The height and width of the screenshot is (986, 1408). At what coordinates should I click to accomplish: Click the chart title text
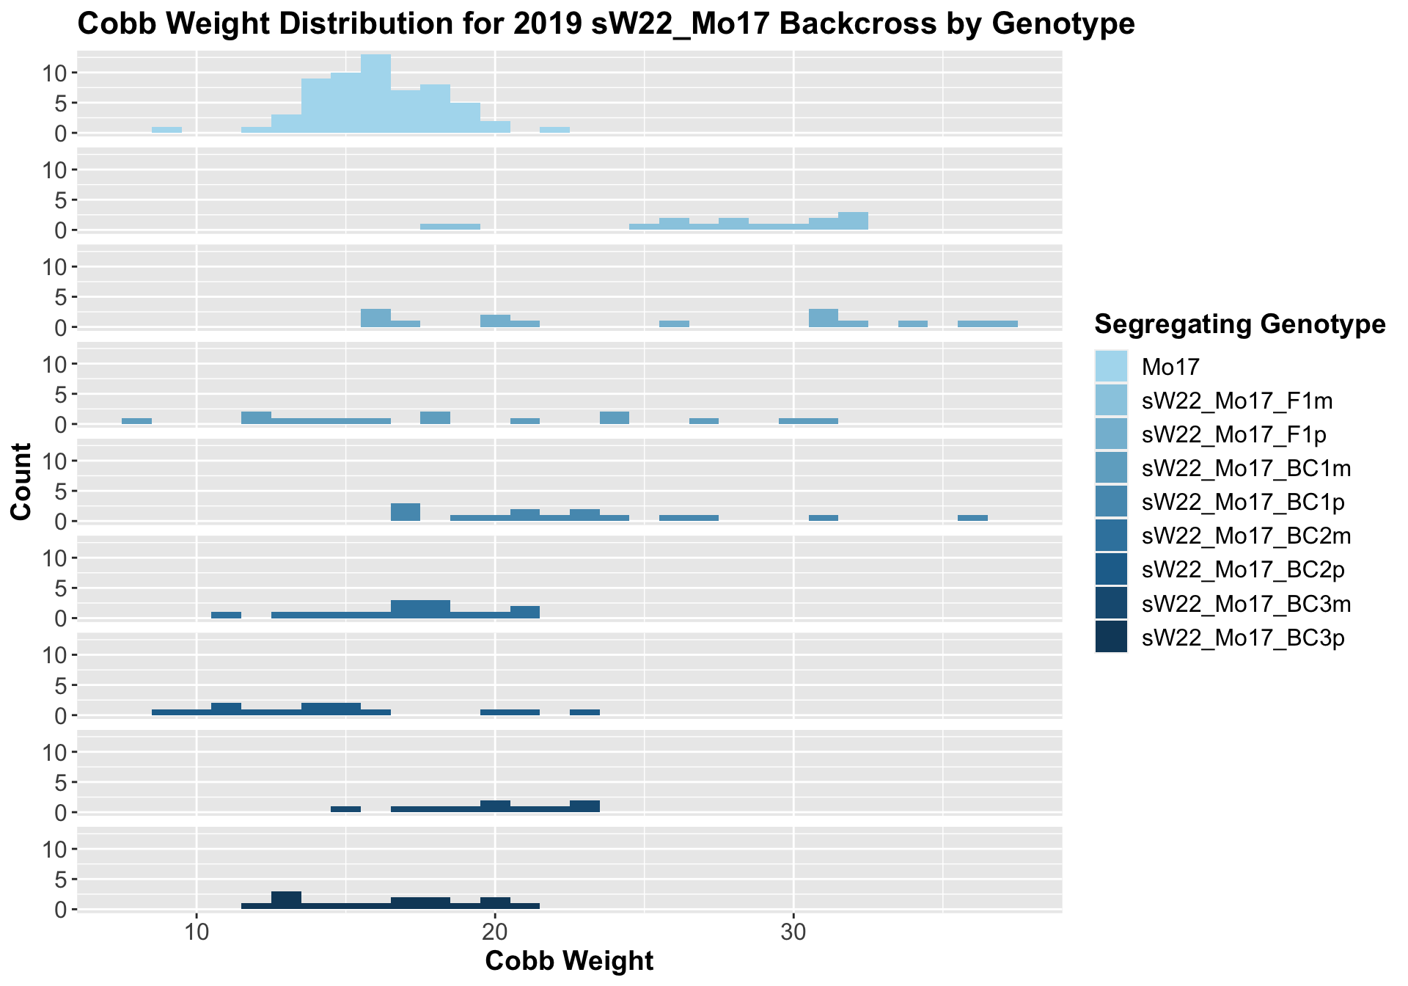tap(606, 24)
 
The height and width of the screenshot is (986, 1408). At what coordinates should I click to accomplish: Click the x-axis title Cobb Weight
tap(569, 961)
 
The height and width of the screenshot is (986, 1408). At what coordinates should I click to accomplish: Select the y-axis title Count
tap(22, 481)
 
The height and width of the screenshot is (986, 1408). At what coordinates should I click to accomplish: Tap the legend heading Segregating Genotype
tap(1239, 324)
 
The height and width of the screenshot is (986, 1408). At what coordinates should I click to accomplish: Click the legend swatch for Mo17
tap(1111, 366)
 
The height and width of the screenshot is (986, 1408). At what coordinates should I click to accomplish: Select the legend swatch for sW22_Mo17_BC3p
tap(1111, 637)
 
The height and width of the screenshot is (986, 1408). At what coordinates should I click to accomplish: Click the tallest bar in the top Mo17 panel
tap(375, 94)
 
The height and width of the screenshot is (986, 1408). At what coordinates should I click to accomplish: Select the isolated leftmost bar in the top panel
tap(166, 130)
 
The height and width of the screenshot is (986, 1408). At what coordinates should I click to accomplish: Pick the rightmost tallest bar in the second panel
tap(853, 221)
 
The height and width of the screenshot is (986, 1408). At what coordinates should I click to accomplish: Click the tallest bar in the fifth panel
tap(406, 512)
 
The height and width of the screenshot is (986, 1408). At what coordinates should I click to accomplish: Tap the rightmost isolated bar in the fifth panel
tap(972, 518)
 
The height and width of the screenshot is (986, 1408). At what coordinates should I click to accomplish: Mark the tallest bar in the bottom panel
tap(286, 900)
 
